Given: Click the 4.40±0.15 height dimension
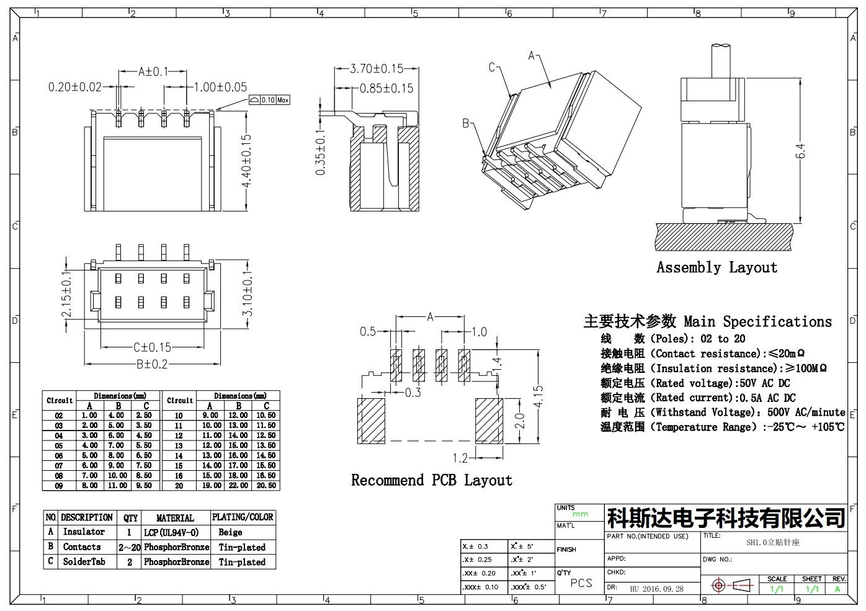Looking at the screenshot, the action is coord(246,161).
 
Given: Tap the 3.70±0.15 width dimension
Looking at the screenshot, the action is coord(377,69).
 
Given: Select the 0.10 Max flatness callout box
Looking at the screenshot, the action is coord(269,100).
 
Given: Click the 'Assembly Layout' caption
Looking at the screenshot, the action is coord(716,267).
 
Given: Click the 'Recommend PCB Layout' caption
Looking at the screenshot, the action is coord(432,480).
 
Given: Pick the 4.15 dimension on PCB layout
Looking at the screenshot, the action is coord(538,396).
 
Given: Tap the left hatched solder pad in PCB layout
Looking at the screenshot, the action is coord(371,421).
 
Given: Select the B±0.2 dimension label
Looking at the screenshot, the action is coord(152,365).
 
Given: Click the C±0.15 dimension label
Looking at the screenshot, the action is coord(152,347).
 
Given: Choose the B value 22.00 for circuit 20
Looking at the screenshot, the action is coord(238,486).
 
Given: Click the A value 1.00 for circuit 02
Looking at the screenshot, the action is coord(89,416).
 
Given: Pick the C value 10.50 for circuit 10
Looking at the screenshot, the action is coord(266,416).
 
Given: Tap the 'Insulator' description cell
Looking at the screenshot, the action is coord(84,532).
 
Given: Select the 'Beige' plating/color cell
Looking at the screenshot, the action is coord(230,533).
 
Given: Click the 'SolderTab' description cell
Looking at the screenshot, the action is coord(84,562).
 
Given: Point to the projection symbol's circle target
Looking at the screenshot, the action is coord(719,586).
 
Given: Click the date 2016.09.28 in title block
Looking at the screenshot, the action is coord(663,589).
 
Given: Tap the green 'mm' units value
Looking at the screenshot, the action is coord(580,514).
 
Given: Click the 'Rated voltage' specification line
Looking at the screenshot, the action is coord(695,383).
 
